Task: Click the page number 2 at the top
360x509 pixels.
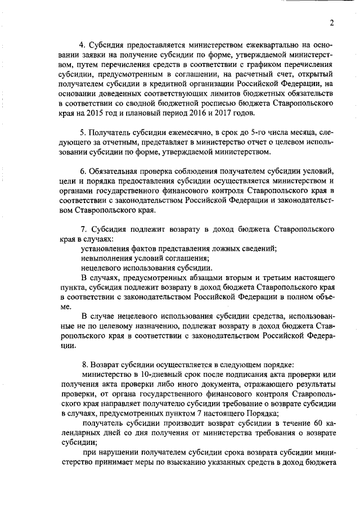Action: coord(332,22)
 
